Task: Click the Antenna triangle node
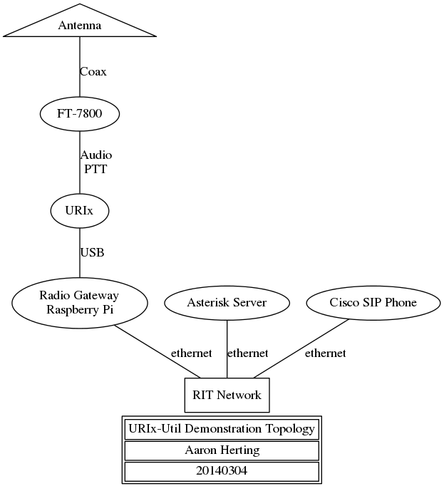[80, 25]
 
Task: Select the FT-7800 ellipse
[80, 114]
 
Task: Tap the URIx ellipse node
[80, 211]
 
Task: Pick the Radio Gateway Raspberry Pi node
[80, 303]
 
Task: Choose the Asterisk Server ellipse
[227, 303]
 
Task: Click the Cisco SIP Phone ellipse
[373, 303]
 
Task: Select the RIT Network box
[227, 396]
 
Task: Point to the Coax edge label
[93, 72]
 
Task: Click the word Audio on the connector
[96, 155]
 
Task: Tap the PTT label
[95, 169]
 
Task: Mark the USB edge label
[92, 252]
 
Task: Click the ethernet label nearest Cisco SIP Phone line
[325, 353]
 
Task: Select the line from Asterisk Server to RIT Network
[227, 349]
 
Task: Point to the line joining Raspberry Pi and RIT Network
[158, 351]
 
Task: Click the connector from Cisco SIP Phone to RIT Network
[301, 348]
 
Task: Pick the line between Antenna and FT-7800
[80, 67]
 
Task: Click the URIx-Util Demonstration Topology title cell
[222, 429]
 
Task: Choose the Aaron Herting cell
[222, 450]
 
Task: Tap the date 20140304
[222, 470]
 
